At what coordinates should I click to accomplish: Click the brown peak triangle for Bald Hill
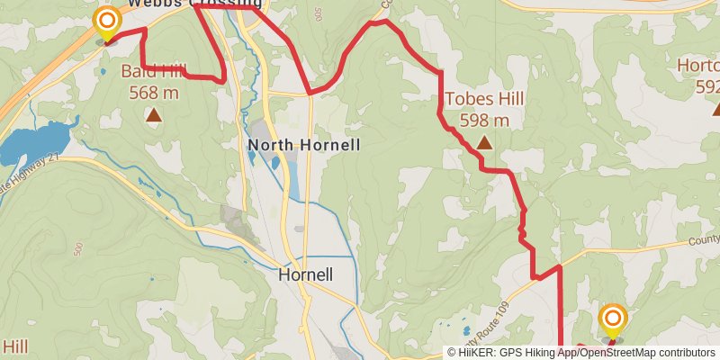[154, 114]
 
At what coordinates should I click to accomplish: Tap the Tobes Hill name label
[484, 100]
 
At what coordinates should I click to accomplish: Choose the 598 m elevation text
[484, 120]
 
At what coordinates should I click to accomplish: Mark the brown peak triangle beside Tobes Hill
[484, 142]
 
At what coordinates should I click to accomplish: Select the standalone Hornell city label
[306, 274]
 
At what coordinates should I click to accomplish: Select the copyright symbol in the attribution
[452, 353]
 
